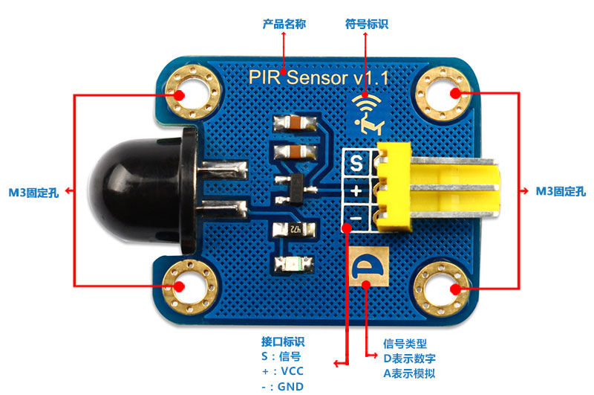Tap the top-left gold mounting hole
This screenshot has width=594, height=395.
(x=180, y=94)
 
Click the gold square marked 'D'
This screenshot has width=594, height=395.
(x=367, y=265)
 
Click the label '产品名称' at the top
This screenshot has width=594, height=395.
(x=284, y=25)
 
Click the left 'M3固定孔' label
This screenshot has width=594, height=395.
(x=34, y=192)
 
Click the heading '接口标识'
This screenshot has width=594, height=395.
(x=283, y=342)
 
